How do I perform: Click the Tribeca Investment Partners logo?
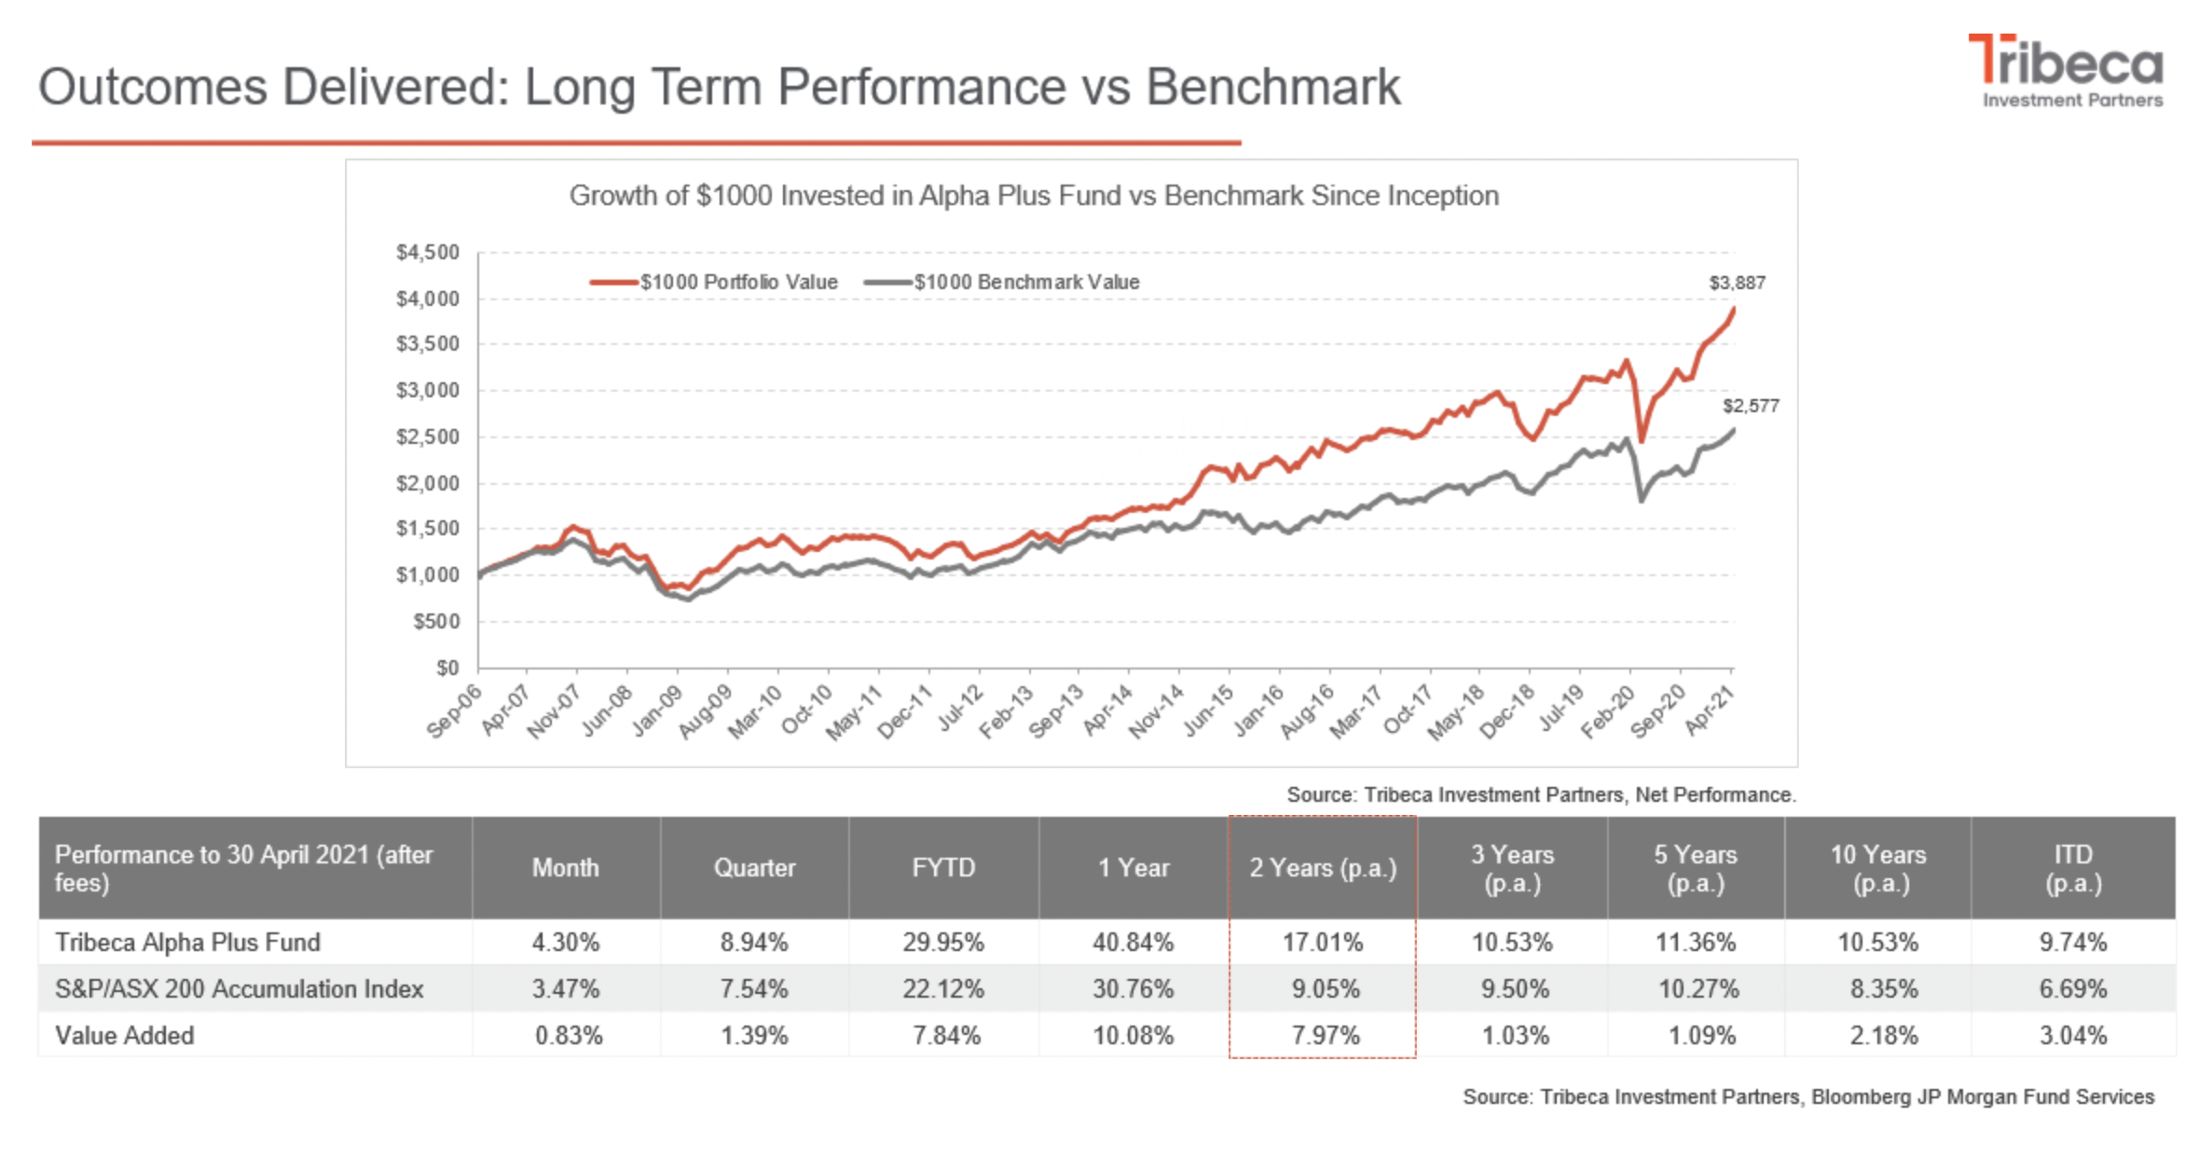point(2067,71)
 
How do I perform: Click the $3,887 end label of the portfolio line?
point(1737,283)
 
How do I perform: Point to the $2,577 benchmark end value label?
point(1750,406)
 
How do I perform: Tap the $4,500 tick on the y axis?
point(428,252)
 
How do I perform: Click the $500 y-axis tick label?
point(436,621)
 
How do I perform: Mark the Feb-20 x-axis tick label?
point(1609,711)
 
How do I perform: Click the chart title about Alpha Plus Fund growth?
point(1033,196)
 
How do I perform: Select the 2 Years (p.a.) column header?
point(1322,868)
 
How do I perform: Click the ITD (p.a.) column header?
point(2072,868)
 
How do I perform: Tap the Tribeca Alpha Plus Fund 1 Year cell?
point(1133,943)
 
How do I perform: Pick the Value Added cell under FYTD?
point(945,1036)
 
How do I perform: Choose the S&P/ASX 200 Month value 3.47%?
point(566,989)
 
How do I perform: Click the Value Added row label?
point(125,1036)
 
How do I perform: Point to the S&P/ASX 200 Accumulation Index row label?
point(239,989)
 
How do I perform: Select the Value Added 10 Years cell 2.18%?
point(1882,1036)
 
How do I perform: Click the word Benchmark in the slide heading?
point(1272,87)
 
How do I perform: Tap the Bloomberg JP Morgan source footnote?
point(1807,1096)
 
